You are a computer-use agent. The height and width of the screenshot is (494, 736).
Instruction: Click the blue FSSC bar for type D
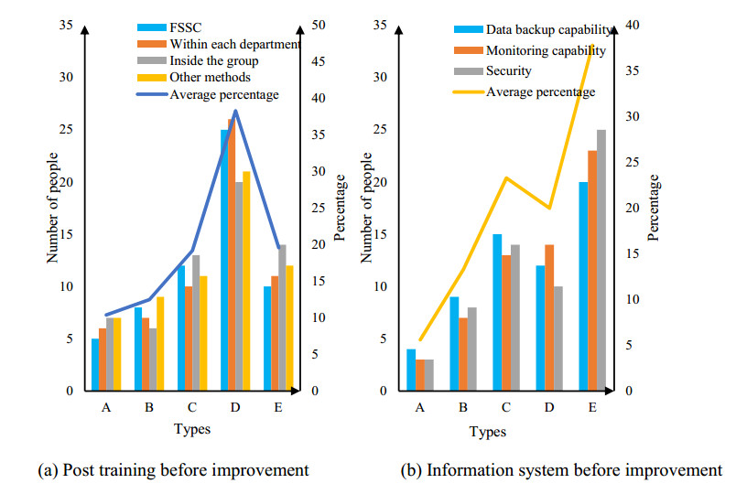click(x=224, y=261)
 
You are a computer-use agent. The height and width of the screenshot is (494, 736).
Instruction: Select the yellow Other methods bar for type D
click(x=246, y=282)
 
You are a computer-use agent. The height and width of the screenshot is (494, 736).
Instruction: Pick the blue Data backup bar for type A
click(x=411, y=370)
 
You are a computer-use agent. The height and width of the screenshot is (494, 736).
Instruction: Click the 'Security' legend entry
click(x=508, y=70)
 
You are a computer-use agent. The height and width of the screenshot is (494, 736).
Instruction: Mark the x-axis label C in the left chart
click(x=192, y=409)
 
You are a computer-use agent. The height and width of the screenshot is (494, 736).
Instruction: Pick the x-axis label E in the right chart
click(x=593, y=409)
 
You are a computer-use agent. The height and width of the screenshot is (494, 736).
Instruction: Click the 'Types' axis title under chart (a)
click(x=192, y=429)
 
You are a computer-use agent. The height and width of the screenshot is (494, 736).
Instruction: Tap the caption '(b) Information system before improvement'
click(x=561, y=471)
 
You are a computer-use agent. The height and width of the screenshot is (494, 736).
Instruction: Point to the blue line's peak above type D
click(x=235, y=111)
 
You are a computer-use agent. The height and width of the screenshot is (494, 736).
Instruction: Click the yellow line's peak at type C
click(x=506, y=177)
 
